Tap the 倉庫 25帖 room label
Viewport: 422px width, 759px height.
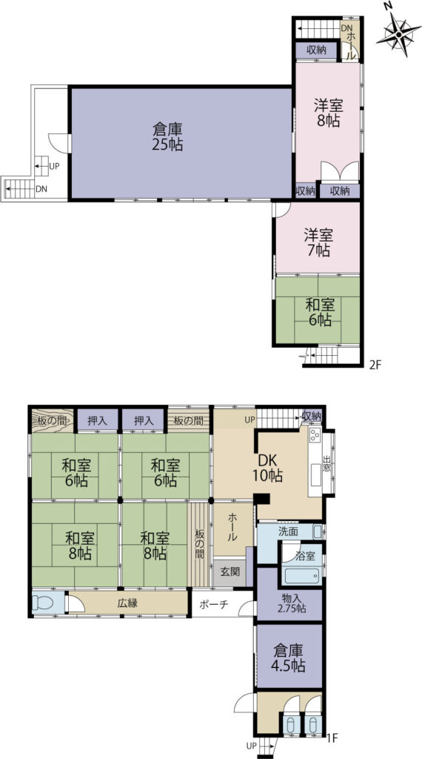pyautogui.click(x=167, y=137)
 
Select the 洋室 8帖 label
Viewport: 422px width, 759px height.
pyautogui.click(x=328, y=113)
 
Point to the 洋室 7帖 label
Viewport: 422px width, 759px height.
pyautogui.click(x=318, y=243)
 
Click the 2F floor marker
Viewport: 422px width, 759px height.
pyautogui.click(x=375, y=365)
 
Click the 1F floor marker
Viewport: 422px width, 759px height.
pyautogui.click(x=331, y=739)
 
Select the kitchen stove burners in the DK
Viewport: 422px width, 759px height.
pyautogui.click(x=315, y=434)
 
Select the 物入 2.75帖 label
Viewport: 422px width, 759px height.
pyautogui.click(x=289, y=603)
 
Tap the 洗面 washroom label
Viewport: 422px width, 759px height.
pyautogui.click(x=288, y=531)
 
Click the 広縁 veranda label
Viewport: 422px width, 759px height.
pyautogui.click(x=127, y=603)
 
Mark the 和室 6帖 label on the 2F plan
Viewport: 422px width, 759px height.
pyautogui.click(x=318, y=312)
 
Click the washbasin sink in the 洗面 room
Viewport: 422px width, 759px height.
pyautogui.click(x=317, y=531)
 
